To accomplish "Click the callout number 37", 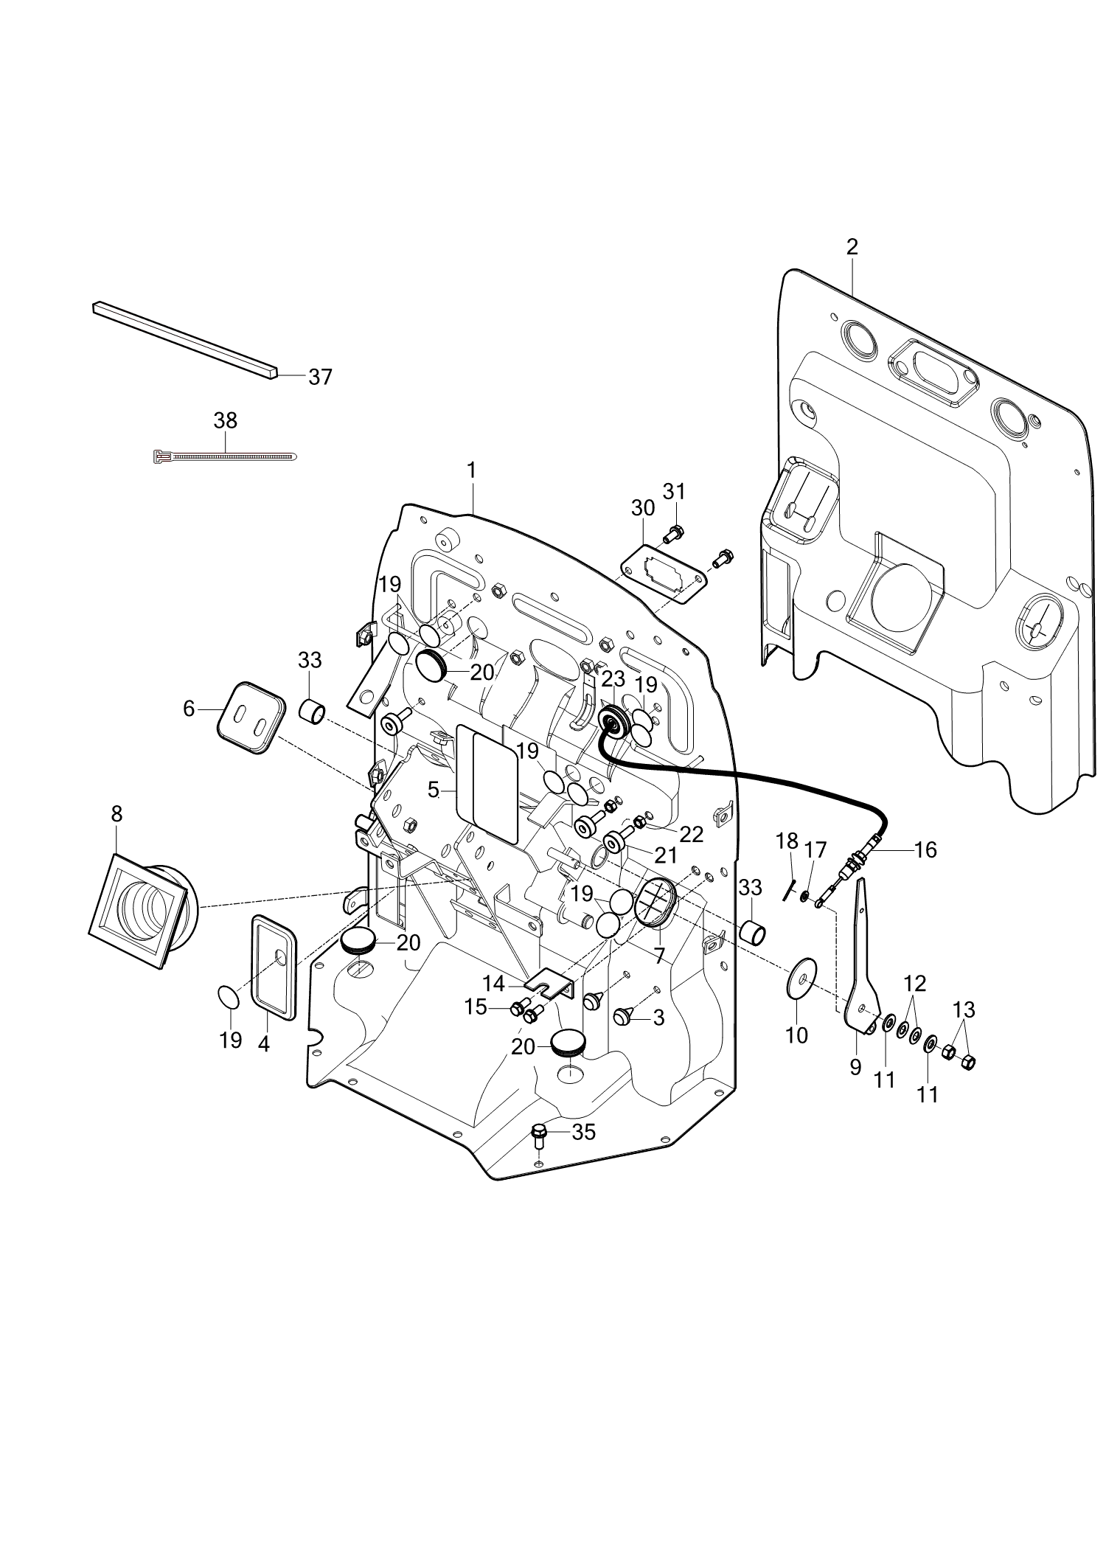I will click(x=320, y=377).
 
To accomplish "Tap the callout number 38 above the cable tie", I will click(x=225, y=420).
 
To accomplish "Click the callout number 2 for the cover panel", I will click(x=852, y=247).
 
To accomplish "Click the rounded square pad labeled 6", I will click(x=251, y=718).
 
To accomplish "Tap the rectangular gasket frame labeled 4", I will click(x=274, y=967).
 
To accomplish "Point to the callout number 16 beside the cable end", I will click(x=925, y=850).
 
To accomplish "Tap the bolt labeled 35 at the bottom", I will click(x=539, y=1155).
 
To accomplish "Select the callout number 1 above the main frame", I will click(x=471, y=470).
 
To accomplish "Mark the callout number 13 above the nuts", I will click(x=963, y=1009).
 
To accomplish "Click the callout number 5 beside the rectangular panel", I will click(x=434, y=790).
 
